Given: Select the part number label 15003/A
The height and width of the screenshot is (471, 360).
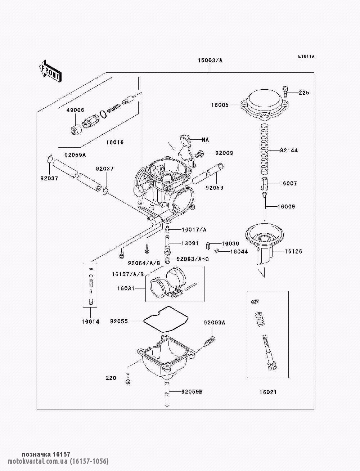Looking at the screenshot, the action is (x=210, y=61).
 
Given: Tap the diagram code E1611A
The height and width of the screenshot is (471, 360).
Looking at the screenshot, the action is (x=306, y=57).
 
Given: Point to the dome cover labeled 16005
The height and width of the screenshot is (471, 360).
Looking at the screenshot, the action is (x=264, y=105).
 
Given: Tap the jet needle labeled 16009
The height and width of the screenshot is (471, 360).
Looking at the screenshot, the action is (x=265, y=206).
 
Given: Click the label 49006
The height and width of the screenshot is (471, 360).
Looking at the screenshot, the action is (x=75, y=110).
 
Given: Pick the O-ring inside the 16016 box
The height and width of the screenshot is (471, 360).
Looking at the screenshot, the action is (x=103, y=114).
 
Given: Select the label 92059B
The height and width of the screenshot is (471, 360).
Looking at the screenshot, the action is (x=192, y=392).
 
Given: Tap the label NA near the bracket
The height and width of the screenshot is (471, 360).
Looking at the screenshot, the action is (x=205, y=140).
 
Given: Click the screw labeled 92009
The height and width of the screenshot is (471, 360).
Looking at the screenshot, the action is (x=199, y=154).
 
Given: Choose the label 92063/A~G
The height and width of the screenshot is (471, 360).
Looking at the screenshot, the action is (x=193, y=259).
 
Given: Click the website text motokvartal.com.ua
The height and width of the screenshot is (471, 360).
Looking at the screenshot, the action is (x=38, y=461).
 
